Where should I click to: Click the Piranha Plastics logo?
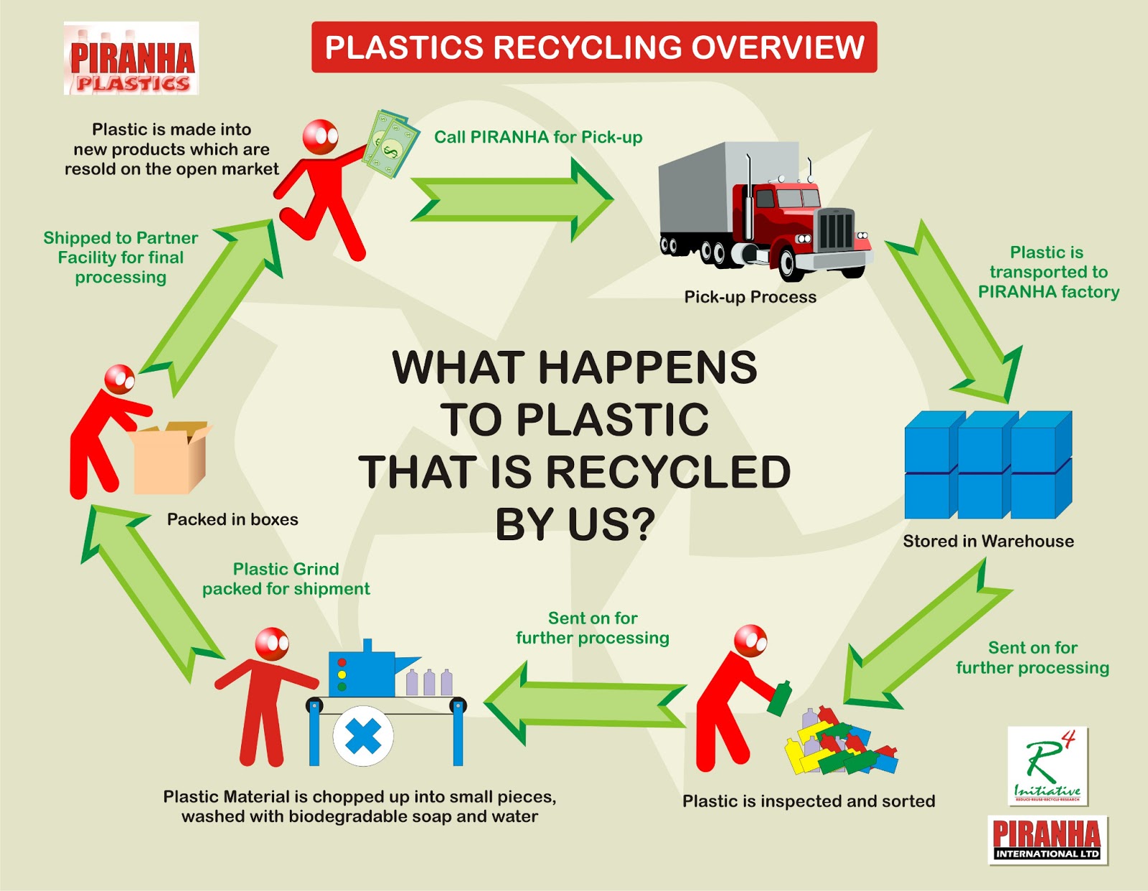coord(131,59)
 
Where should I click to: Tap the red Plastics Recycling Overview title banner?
coord(594,47)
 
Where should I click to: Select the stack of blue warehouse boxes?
coord(988,465)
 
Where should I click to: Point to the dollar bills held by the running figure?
coord(390,143)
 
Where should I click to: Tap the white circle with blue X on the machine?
coord(363,736)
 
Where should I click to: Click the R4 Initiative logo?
coord(1048,766)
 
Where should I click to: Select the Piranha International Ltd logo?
coord(1048,840)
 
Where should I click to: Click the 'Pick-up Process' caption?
coord(750,297)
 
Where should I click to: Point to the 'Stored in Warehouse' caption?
coord(988,542)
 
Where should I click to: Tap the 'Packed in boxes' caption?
coord(232,519)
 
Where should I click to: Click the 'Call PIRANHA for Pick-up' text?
coord(538,137)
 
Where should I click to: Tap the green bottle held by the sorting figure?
coord(779,698)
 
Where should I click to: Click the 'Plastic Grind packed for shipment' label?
coord(286,579)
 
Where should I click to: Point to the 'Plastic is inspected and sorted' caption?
coord(809,801)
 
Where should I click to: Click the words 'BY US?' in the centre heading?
coord(575,524)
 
